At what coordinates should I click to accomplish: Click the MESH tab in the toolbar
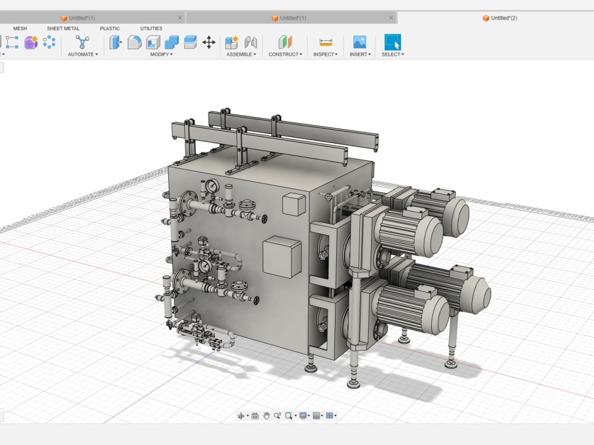(20, 28)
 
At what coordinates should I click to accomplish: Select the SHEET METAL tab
(63, 28)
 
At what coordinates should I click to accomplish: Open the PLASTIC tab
(109, 28)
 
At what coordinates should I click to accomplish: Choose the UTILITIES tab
(151, 28)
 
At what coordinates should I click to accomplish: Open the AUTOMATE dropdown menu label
(82, 55)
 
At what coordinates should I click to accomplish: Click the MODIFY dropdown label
(161, 55)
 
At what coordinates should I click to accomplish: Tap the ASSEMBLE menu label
(241, 55)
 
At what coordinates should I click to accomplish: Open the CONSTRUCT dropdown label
(285, 55)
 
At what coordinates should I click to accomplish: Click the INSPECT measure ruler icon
(326, 42)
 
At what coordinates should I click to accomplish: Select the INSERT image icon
(359, 42)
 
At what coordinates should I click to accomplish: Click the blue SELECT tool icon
(392, 42)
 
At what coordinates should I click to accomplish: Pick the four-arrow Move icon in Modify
(208, 42)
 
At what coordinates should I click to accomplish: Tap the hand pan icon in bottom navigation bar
(267, 416)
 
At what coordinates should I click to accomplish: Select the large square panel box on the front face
(282, 256)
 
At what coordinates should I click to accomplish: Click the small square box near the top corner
(293, 204)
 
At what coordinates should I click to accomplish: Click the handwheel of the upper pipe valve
(264, 219)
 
